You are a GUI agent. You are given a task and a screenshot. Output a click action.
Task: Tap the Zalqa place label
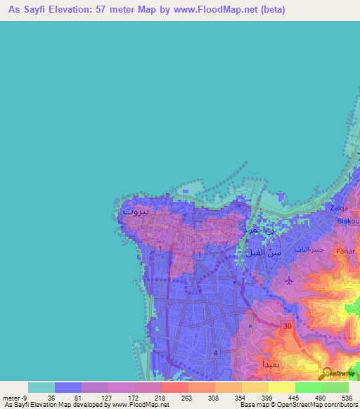coord(340,209)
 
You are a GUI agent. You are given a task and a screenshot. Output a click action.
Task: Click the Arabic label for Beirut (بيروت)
coord(135,211)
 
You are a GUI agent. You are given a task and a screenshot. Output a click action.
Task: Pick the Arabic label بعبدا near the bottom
coord(252,365)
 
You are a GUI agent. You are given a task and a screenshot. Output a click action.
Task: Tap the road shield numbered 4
coord(215,353)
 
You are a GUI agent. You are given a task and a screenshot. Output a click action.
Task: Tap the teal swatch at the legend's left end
coord(41,387)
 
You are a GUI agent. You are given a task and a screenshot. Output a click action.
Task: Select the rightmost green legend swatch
coord(335,387)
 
